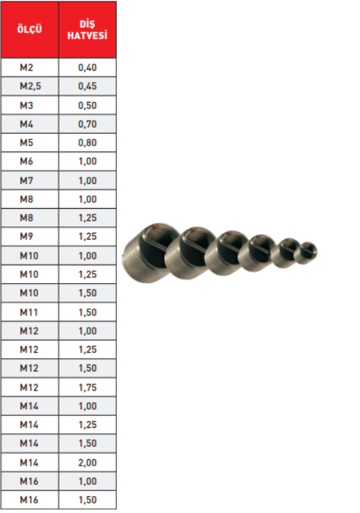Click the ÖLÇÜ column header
click(x=30, y=30)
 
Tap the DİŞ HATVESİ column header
click(x=87, y=30)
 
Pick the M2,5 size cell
click(x=30, y=86)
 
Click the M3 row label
click(x=26, y=105)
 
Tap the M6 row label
click(x=26, y=161)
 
